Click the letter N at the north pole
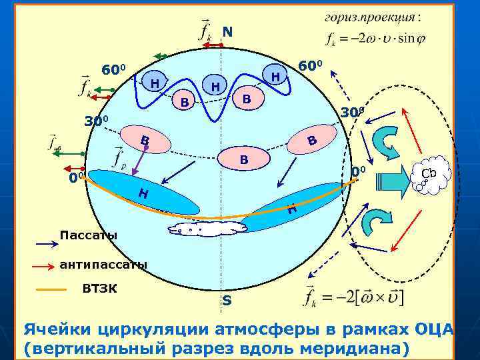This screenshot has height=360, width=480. pyautogui.click(x=227, y=31)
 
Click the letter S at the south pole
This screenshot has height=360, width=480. pyautogui.click(x=227, y=301)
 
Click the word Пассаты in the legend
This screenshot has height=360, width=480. pyautogui.click(x=88, y=235)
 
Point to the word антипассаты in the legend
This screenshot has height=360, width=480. pyautogui.click(x=103, y=265)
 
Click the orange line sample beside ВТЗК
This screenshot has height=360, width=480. pyautogui.click(x=50, y=290)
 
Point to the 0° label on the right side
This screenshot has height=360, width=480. pyautogui.click(x=359, y=173)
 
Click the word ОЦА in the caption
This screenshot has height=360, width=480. pyautogui.click(x=433, y=329)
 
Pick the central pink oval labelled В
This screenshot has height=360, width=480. pyautogui.click(x=243, y=159)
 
